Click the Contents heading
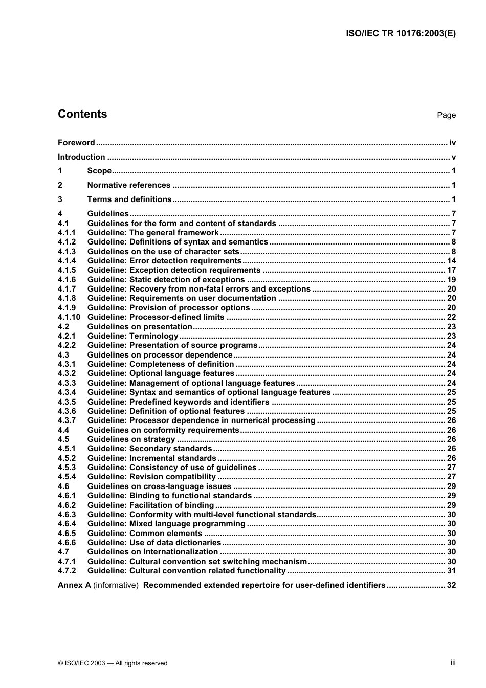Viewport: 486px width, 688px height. (x=82, y=114)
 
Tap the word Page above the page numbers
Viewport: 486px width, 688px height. (x=446, y=115)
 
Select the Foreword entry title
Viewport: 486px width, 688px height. (x=76, y=143)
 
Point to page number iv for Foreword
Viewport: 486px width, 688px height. (x=452, y=143)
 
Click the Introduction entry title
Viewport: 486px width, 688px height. (x=81, y=157)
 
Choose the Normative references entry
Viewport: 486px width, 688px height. (x=129, y=185)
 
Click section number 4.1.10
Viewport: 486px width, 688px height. (x=69, y=317)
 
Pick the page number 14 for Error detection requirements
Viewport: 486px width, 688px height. (x=451, y=261)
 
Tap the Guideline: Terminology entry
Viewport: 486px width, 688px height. (x=133, y=336)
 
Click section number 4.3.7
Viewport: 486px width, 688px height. (x=67, y=420)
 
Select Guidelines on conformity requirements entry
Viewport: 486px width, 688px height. (x=163, y=430)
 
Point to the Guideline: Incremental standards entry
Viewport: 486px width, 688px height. (x=152, y=458)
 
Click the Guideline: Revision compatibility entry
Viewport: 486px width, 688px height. (x=152, y=477)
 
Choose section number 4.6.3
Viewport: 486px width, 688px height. (x=67, y=515)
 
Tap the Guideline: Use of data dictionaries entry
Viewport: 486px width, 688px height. (x=154, y=543)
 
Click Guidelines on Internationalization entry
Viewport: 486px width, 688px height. (x=152, y=552)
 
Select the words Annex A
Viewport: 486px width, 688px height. (x=74, y=585)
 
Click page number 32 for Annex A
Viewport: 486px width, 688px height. (x=451, y=585)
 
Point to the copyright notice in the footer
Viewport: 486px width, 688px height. (x=113, y=663)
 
